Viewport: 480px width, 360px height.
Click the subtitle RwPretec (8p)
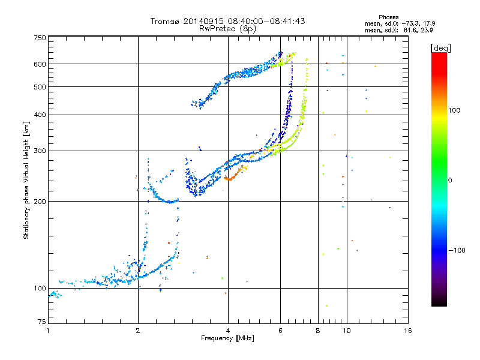(227, 29)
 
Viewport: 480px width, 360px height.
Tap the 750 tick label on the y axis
(40, 38)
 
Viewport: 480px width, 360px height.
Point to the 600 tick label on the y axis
(40, 64)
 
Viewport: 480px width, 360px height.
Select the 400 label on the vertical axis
(40, 115)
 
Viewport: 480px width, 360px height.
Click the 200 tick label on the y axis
(40, 202)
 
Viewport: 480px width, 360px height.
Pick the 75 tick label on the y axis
(42, 322)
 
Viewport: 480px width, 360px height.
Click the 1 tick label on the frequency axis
(48, 331)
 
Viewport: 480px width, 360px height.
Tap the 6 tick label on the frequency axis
(280, 331)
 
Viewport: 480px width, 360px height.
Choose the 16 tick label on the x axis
(408, 331)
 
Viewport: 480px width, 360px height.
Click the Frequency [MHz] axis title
(227, 338)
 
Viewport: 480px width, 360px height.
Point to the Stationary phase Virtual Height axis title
(26, 181)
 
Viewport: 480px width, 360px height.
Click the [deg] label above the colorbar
(440, 48)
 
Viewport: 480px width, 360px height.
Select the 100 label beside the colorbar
(454, 110)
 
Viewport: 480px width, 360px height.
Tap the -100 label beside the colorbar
(457, 250)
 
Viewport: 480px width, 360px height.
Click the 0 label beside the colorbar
(450, 181)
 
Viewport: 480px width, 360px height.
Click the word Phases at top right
(388, 17)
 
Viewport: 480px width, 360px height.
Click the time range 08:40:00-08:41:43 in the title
(266, 21)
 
